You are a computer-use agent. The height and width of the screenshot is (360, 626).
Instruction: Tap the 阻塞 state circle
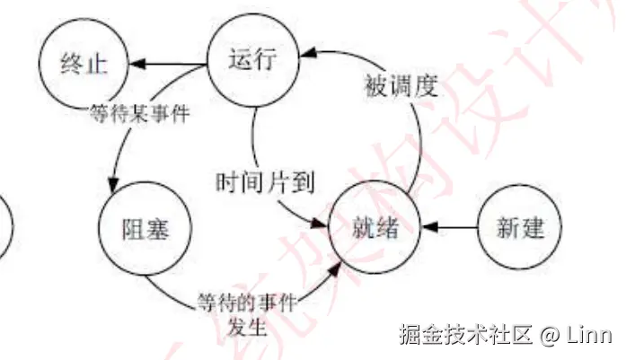(145, 228)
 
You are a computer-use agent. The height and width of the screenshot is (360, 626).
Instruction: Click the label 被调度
(400, 86)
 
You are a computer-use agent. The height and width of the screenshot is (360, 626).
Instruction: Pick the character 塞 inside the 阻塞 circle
(157, 228)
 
